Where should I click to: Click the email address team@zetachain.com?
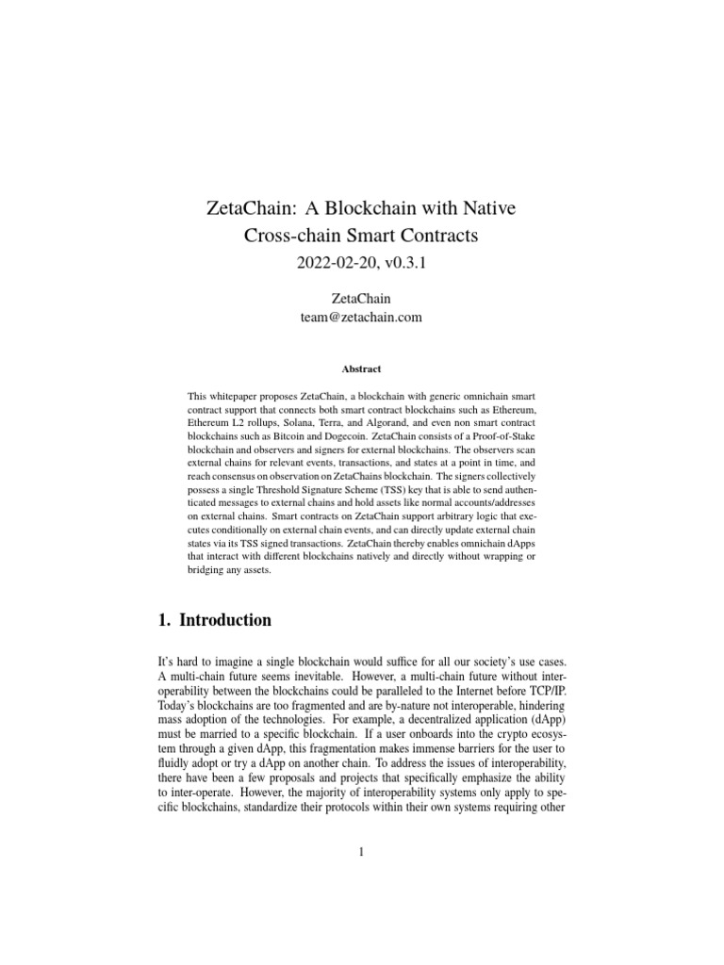coord(361,318)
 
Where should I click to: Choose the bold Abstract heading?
coord(361,369)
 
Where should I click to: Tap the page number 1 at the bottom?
coord(361,853)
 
